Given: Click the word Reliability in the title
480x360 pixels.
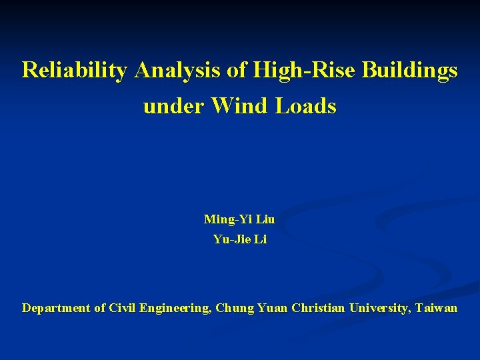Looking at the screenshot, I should coord(74,70).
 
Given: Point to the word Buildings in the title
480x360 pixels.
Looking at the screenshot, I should coord(410,70).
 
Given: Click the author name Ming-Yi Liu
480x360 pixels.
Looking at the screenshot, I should coord(239,219).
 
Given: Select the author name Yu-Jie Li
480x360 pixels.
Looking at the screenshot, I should coord(239,239).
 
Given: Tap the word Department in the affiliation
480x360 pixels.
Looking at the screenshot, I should coord(56,308).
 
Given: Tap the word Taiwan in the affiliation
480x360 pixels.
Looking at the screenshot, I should coord(437,308).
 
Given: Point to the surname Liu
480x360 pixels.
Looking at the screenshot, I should coord(265,219).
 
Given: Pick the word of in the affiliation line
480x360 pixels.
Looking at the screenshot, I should coord(100,308).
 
